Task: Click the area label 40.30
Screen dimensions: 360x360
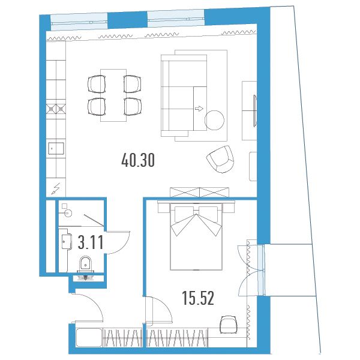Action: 138,160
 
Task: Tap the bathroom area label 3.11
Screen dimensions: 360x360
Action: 91,242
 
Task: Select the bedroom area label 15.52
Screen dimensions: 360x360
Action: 198,298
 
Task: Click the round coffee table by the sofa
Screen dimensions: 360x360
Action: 214,120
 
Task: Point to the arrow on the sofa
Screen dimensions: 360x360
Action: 199,109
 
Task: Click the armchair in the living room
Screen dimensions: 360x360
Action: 220,159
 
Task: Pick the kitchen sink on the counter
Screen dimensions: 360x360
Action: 56,149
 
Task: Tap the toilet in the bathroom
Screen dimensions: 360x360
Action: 85,264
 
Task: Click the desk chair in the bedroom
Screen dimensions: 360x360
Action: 228,324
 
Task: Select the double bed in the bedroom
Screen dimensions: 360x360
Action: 196,236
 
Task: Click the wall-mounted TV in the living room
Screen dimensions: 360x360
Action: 254,110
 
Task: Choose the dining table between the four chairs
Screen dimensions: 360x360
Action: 113,95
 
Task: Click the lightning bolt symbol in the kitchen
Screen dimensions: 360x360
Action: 56,189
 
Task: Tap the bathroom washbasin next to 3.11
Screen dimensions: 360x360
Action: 67,241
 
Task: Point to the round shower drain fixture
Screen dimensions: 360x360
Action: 68,213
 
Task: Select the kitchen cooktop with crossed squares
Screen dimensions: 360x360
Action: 56,109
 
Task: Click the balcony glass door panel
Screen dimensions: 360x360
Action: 260,270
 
